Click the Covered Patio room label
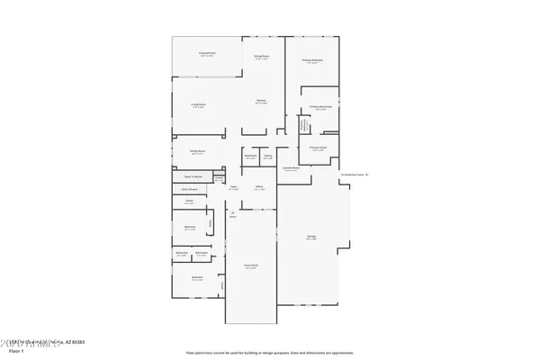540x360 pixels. pos(206,54)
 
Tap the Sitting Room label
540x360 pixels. pos(263,58)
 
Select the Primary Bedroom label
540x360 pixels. pos(312,61)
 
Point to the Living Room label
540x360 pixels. pos(197,106)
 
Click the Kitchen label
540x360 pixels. pos(260,102)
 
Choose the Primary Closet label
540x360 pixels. pos(318,148)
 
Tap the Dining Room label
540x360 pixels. pos(197,152)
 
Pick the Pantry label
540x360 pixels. pos(268,157)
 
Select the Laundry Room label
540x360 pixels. pos(291,168)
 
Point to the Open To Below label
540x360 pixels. pos(192,177)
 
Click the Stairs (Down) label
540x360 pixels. pos(190,189)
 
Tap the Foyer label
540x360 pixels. pos(233,188)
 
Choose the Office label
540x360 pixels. pos(258,188)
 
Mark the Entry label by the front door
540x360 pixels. pos(232,216)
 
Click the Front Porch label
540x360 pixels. pos(251,267)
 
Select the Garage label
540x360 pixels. pos(310,238)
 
